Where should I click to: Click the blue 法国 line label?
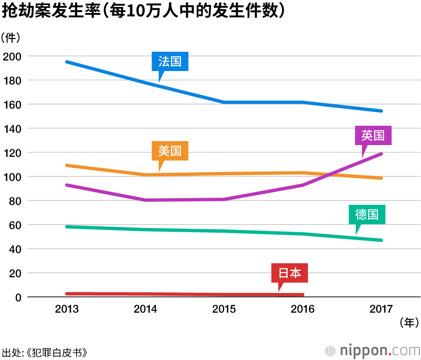[x=170, y=62]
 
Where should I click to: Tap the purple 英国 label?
[x=373, y=135]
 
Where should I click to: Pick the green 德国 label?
[x=367, y=214]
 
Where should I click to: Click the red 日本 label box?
[x=290, y=273]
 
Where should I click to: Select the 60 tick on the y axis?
[x=13, y=225]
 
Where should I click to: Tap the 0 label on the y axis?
[x=18, y=297]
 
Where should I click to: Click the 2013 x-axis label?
[x=67, y=309]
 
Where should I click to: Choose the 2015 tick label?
[x=224, y=309]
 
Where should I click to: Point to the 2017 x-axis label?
[x=381, y=309]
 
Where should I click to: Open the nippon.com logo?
[x=372, y=350]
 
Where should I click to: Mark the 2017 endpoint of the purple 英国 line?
[x=381, y=154]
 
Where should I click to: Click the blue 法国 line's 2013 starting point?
[x=67, y=62]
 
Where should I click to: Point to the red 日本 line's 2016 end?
[x=302, y=295]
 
